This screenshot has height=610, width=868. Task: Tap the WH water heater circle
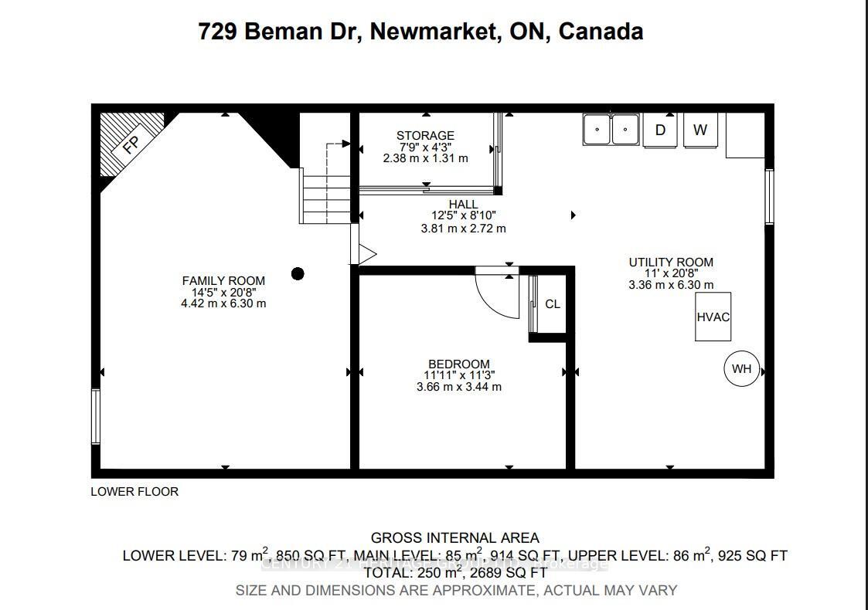(x=741, y=369)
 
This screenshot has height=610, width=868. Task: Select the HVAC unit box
(x=713, y=317)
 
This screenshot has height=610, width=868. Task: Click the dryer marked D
(x=660, y=130)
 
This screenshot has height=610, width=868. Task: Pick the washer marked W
(x=700, y=130)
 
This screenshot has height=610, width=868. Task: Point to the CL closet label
(x=553, y=304)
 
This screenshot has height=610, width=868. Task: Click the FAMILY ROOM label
(x=223, y=281)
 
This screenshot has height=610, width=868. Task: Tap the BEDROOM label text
(x=459, y=364)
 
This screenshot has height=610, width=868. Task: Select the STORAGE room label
(x=425, y=136)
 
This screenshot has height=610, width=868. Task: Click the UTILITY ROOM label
(x=670, y=263)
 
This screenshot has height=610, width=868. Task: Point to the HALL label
(x=464, y=205)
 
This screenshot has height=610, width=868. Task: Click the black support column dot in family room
(x=298, y=273)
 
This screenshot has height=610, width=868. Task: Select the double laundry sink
(x=611, y=129)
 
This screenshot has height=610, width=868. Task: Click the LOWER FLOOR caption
(x=134, y=492)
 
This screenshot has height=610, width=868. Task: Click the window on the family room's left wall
(x=96, y=416)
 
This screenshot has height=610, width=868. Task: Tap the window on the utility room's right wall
(x=769, y=197)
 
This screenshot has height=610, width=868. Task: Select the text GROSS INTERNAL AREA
(x=454, y=538)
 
